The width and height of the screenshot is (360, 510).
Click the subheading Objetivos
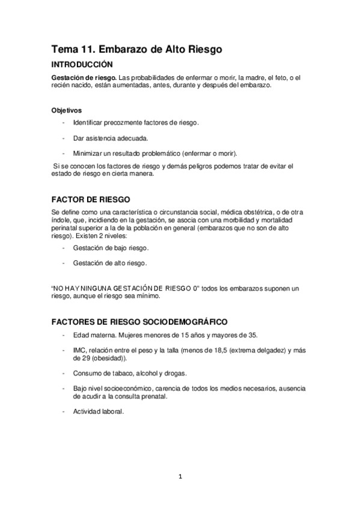(x=67, y=110)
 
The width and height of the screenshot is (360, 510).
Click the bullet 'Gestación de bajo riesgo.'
(x=111, y=248)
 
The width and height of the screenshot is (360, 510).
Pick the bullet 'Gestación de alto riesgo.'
(x=110, y=263)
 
